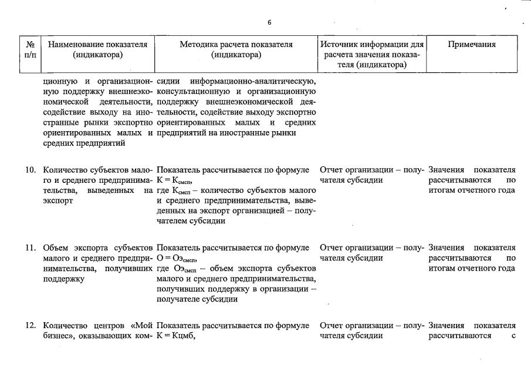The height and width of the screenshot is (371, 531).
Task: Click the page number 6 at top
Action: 269,22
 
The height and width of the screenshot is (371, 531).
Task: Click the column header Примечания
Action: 472,44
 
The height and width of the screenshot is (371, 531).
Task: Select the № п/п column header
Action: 31,49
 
